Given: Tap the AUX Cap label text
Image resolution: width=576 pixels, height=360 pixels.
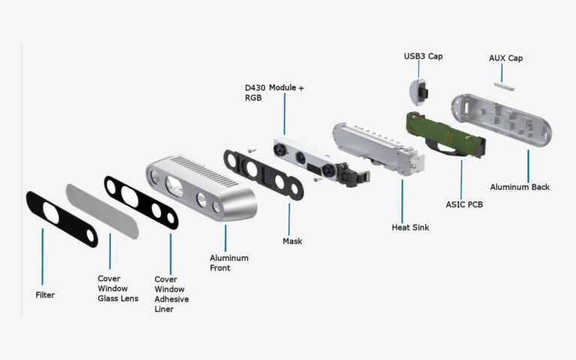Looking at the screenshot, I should (x=505, y=58).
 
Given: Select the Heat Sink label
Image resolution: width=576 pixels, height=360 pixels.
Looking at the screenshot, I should (x=410, y=227).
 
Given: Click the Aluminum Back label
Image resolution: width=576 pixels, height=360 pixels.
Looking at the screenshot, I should (x=520, y=187).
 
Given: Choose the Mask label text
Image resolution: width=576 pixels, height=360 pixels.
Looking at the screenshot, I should (x=292, y=241).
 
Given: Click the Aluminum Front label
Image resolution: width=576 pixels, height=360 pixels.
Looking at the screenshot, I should (x=229, y=263).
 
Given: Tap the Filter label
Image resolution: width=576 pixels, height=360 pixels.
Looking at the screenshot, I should (x=45, y=295).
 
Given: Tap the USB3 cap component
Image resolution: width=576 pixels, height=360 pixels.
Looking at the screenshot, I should (x=417, y=91).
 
